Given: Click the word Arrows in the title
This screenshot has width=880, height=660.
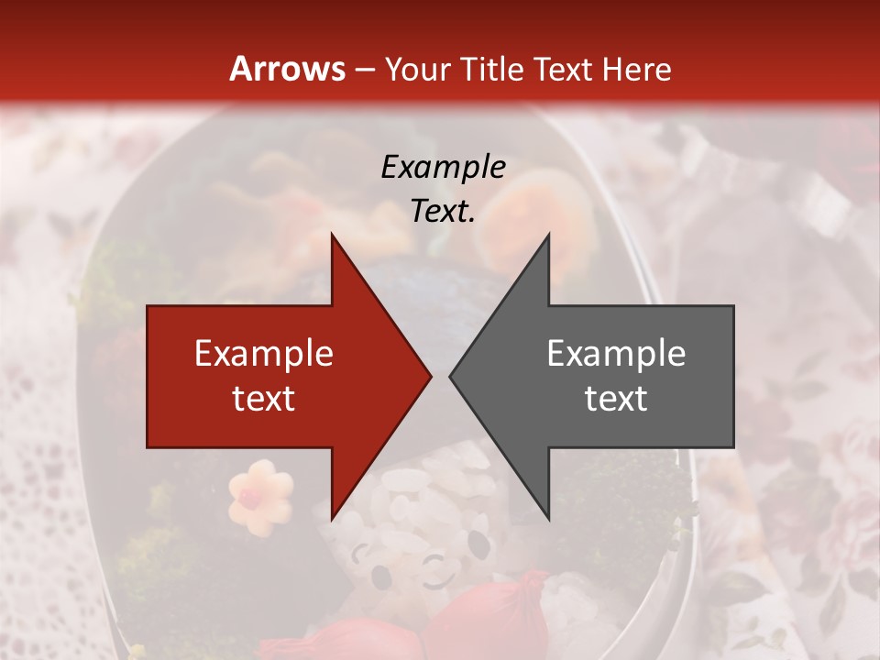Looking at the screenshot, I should coord(287,69).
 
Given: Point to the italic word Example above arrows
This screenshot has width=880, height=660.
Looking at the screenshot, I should coord(443,167).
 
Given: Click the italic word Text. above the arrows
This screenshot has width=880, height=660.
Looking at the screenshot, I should coord(443,211).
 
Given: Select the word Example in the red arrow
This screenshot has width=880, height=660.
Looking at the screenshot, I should coord(264,354).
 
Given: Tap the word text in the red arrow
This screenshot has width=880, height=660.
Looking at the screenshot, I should coord(264,398).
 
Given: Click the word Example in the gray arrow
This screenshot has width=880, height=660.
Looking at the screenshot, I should coord(616,354).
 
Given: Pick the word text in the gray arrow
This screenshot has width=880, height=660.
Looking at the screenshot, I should coord(616,398).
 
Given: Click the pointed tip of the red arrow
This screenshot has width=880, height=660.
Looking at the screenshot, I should coord(430,376).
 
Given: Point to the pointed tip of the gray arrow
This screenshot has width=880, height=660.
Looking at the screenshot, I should coord(450,376).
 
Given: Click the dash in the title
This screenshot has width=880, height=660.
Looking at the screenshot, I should coord(363,70).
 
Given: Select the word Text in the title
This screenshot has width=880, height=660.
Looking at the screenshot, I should coord(563,70).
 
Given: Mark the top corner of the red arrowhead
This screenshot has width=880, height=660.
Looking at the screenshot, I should coord(332,236).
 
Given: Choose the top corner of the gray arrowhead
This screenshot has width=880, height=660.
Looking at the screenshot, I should coord(548,236).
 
